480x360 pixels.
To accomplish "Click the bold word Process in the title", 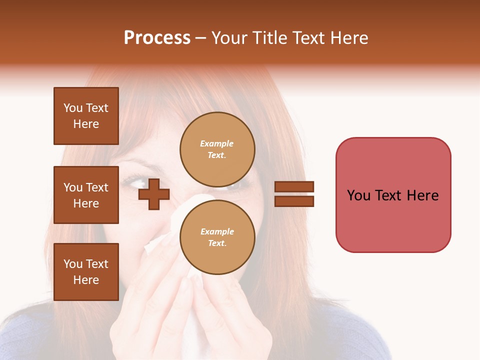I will [157, 38].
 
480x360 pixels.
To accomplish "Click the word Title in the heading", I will [270, 38].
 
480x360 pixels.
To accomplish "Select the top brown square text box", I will [86, 116].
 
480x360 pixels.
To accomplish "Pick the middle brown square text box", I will [86, 195].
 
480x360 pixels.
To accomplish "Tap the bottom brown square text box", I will [86, 272].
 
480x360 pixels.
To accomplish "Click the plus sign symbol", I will [154, 194].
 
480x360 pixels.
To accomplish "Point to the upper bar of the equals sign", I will [294, 187].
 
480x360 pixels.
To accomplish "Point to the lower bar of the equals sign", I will [294, 201].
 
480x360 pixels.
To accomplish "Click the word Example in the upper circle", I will [216, 143].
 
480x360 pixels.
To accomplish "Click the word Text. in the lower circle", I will [217, 243].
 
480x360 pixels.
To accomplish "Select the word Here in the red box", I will [422, 195].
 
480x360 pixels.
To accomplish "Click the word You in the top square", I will [72, 108].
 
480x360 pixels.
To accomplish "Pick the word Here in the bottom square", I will [86, 280].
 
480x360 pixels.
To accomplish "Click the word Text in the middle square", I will [96, 187].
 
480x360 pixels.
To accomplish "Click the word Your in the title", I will [230, 38].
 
